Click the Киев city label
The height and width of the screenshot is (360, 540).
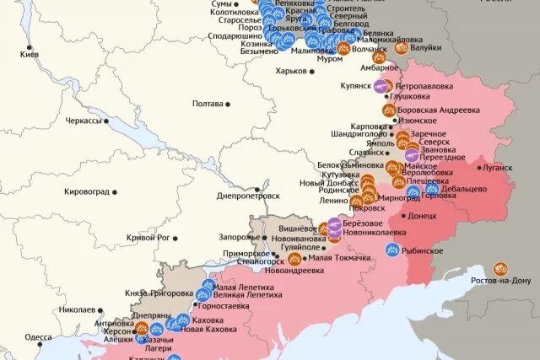click(x=30, y=55)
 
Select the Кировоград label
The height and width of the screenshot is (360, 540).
click(x=87, y=191)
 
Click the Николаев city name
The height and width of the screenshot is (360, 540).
click(x=76, y=309)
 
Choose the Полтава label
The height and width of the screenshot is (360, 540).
click(x=208, y=104)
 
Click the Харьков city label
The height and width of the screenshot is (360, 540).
click(x=290, y=71)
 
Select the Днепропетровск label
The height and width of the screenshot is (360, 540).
click(x=248, y=196)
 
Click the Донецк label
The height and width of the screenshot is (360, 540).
click(x=423, y=216)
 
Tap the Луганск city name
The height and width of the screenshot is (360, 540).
click(x=498, y=168)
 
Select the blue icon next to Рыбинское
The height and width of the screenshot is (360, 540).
click(x=393, y=250)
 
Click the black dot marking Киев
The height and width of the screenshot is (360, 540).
click(x=30, y=47)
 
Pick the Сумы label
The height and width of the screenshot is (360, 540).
click(x=222, y=5)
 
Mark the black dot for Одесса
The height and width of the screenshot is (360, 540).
click(x=56, y=336)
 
